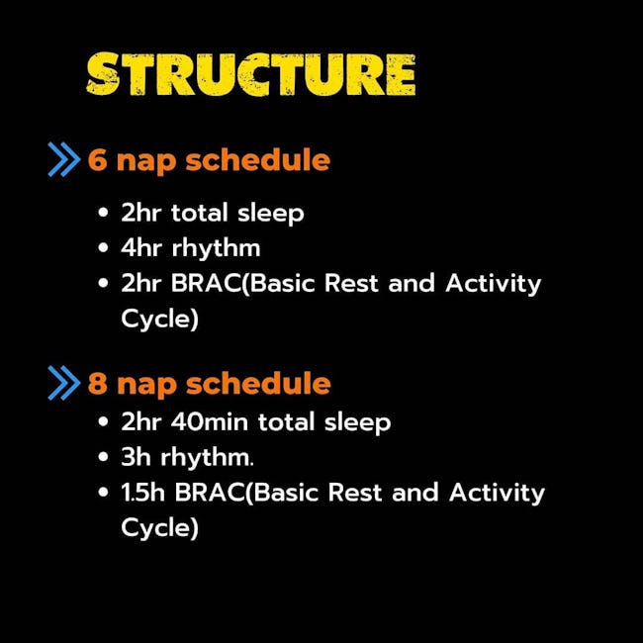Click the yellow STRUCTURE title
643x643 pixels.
click(250, 74)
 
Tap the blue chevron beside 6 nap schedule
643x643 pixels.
click(64, 159)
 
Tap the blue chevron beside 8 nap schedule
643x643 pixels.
click(64, 383)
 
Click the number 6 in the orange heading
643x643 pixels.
click(98, 159)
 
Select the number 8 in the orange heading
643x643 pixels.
click(98, 383)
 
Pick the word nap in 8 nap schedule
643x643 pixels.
click(146, 386)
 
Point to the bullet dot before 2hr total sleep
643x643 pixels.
click(103, 213)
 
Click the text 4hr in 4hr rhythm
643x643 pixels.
click(141, 248)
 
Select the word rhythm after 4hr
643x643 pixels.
click(216, 249)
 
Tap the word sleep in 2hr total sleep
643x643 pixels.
click(271, 214)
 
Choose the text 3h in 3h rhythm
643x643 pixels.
click(137, 456)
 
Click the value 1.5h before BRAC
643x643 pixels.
click(143, 492)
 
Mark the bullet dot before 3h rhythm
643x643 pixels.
click(103, 456)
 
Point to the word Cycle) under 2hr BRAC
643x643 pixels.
click(160, 319)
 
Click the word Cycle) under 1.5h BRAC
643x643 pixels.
click(160, 527)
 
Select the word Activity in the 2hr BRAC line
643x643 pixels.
click(494, 284)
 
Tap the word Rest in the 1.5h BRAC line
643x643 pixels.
click(355, 492)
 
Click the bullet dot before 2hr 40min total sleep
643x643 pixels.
click(103, 421)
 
